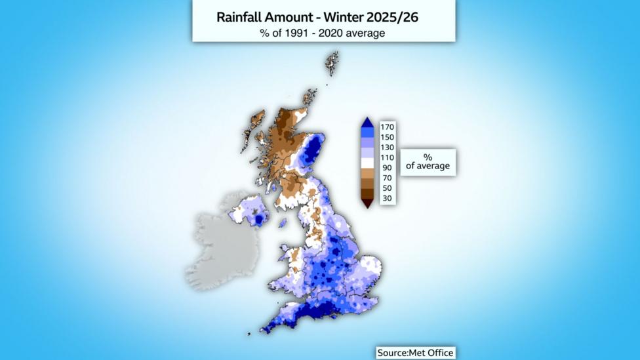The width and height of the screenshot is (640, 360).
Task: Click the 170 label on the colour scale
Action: click(x=387, y=127)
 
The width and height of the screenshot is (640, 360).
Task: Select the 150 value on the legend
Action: click(x=387, y=137)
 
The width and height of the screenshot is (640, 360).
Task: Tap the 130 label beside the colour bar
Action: click(x=387, y=148)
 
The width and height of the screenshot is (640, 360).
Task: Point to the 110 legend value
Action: click(x=387, y=157)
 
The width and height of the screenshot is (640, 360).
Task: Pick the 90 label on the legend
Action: click(x=387, y=168)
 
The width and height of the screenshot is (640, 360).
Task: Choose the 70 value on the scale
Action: click(x=387, y=178)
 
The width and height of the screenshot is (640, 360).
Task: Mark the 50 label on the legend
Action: click(x=387, y=188)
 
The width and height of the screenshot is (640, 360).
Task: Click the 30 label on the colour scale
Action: click(x=387, y=198)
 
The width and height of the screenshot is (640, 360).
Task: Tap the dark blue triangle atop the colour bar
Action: click(x=368, y=122)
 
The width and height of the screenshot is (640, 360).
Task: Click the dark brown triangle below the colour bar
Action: click(x=368, y=203)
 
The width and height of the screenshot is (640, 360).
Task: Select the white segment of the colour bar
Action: click(x=368, y=163)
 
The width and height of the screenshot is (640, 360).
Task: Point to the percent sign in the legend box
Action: click(x=428, y=157)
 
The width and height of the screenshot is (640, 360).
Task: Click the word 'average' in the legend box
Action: click(x=433, y=166)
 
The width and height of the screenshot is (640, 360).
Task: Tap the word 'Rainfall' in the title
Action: click(x=240, y=18)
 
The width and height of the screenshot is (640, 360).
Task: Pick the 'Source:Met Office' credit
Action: click(x=415, y=353)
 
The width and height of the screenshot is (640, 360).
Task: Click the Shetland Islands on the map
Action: click(x=332, y=63)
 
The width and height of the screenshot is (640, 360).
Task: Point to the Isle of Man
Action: click(x=283, y=223)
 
